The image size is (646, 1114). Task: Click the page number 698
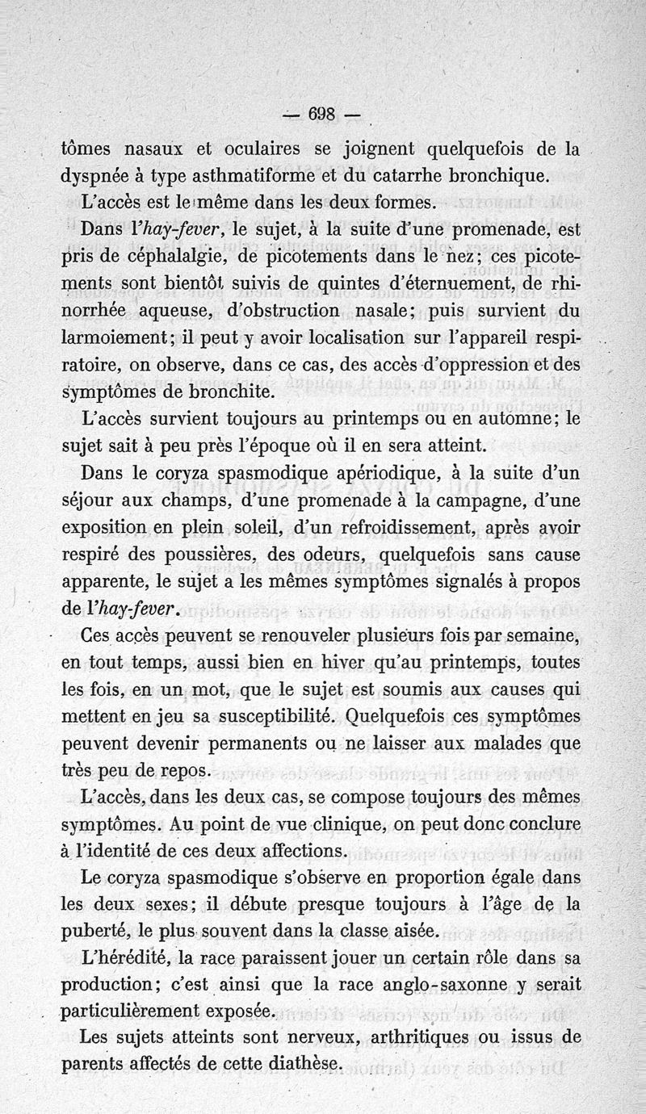(323, 114)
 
